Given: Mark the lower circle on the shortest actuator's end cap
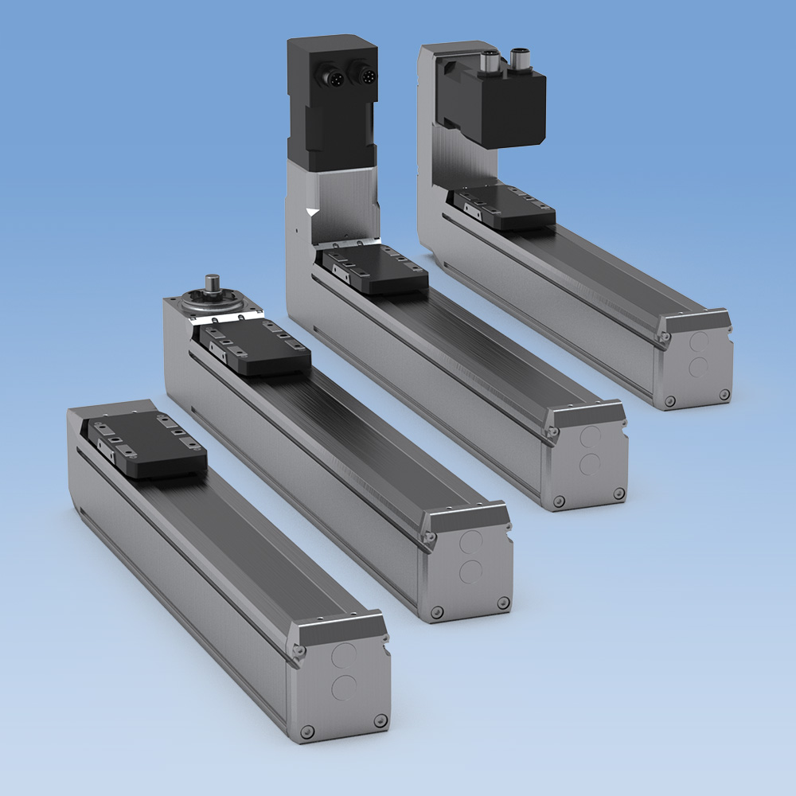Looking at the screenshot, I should click(345, 687).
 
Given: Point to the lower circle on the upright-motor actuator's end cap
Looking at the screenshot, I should click(591, 463).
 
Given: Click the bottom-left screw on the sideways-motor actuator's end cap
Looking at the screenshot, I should click(669, 401).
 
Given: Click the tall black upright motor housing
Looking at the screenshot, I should click(331, 107).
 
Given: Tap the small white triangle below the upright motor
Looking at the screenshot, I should click(312, 213).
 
